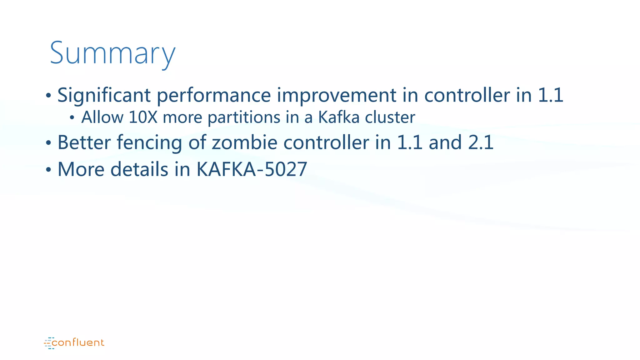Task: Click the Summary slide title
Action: point(112,53)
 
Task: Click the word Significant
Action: point(104,95)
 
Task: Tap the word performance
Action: point(213,95)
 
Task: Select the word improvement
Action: point(337,95)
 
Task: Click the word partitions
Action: point(244,117)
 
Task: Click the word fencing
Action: point(149,143)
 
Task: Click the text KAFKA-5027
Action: point(252,169)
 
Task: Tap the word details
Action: point(139,169)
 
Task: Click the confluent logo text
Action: point(78,343)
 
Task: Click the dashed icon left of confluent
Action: point(49,343)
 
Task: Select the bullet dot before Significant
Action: point(48,96)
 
